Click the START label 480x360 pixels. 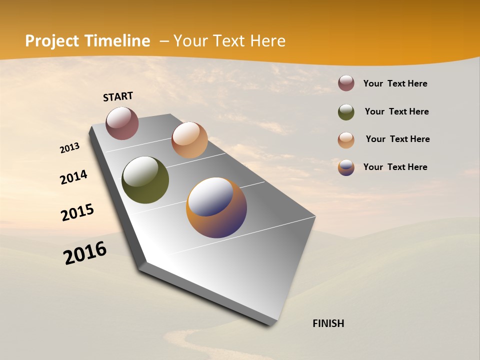(x=118, y=96)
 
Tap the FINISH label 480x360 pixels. (x=328, y=323)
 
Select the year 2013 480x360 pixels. (x=69, y=148)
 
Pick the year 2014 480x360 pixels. (x=73, y=177)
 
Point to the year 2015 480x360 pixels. (x=77, y=212)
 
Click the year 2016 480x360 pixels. (x=85, y=253)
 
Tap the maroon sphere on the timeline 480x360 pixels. (x=122, y=123)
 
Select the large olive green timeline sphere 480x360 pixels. (x=145, y=180)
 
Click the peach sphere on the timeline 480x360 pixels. (x=189, y=140)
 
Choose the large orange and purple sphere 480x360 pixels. (x=216, y=207)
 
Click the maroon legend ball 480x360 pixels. (x=346, y=83)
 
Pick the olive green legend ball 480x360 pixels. (x=346, y=112)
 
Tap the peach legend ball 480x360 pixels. (x=346, y=140)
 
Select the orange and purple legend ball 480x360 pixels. (x=346, y=167)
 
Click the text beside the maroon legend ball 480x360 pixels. (x=395, y=84)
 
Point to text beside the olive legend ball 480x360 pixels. (x=396, y=111)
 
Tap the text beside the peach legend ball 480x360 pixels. (x=397, y=139)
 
